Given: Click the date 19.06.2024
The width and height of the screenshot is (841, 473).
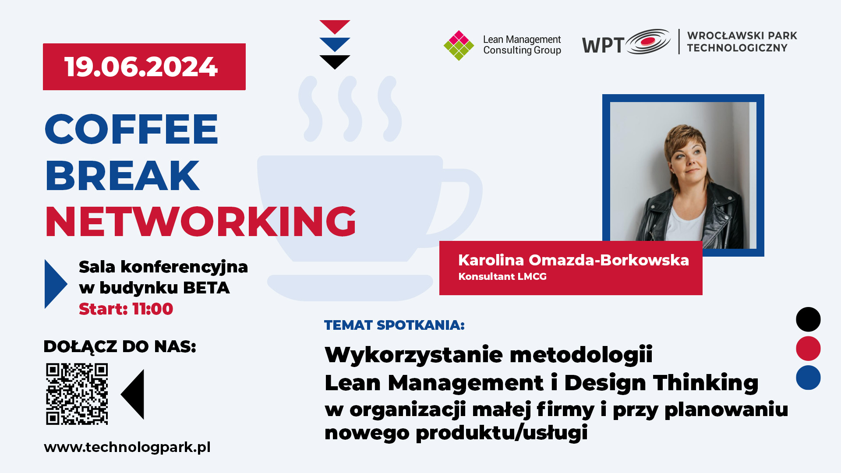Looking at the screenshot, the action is tap(141, 67).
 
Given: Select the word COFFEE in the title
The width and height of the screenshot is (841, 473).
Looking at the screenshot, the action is tap(131, 129).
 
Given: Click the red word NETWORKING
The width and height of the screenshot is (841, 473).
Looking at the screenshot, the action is tap(201, 222).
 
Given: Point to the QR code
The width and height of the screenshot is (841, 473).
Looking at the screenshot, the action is tap(77, 394).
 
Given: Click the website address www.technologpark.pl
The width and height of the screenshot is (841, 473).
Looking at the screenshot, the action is tap(127, 447).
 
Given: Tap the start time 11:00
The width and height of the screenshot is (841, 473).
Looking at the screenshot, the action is tap(152, 309).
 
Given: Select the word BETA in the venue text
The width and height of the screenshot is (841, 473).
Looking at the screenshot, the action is tap(206, 288).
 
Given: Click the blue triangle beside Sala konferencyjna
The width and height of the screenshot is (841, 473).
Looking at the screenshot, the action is tap(56, 284).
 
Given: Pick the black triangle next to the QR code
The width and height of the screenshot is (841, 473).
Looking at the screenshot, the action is tap(133, 394).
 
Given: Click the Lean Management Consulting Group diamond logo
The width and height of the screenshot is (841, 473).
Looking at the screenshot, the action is tap(459, 45).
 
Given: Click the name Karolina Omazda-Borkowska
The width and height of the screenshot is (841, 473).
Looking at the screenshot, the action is tap(573, 260).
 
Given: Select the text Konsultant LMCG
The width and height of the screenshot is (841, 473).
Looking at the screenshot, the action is tap(502, 277).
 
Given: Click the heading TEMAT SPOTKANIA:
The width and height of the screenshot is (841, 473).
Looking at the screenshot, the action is tap(394, 325).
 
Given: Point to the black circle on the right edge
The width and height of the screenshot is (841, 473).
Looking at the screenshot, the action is tap(808, 319).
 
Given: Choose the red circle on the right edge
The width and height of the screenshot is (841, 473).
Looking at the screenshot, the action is tap(808, 349).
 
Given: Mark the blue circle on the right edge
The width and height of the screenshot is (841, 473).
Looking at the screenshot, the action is tap(808, 378).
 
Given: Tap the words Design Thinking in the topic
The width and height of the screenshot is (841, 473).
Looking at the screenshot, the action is tap(661, 383).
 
